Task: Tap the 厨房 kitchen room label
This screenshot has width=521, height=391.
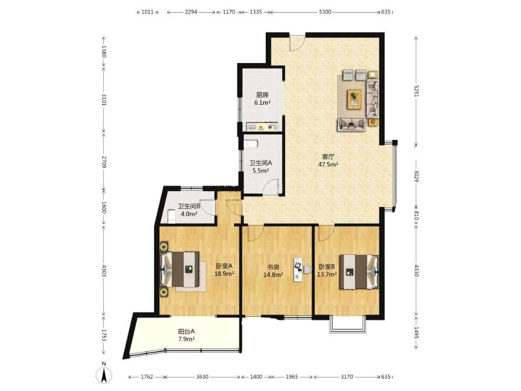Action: coord(262,95)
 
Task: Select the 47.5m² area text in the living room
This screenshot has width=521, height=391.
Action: coord(328,164)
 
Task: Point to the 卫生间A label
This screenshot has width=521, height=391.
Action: coord(261,163)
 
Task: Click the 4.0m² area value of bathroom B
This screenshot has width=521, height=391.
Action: coord(189,214)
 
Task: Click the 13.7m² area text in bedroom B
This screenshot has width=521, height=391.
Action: coord(327,274)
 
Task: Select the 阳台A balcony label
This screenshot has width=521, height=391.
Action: coord(186,331)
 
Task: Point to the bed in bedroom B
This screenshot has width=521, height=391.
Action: coord(359,272)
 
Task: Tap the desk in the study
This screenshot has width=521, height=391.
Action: coord(298,269)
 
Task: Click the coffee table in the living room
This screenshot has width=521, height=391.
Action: coord(355,99)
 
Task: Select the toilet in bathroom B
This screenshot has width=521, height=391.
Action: coord(172,216)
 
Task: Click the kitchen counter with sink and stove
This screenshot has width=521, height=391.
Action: coord(262,127)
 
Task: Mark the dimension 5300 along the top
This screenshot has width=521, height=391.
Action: coord(325,12)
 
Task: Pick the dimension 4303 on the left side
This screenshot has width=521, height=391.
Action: coord(104,270)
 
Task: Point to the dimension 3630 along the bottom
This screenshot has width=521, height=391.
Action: coord(203,377)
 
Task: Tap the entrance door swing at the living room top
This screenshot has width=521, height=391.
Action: coord(297,43)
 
